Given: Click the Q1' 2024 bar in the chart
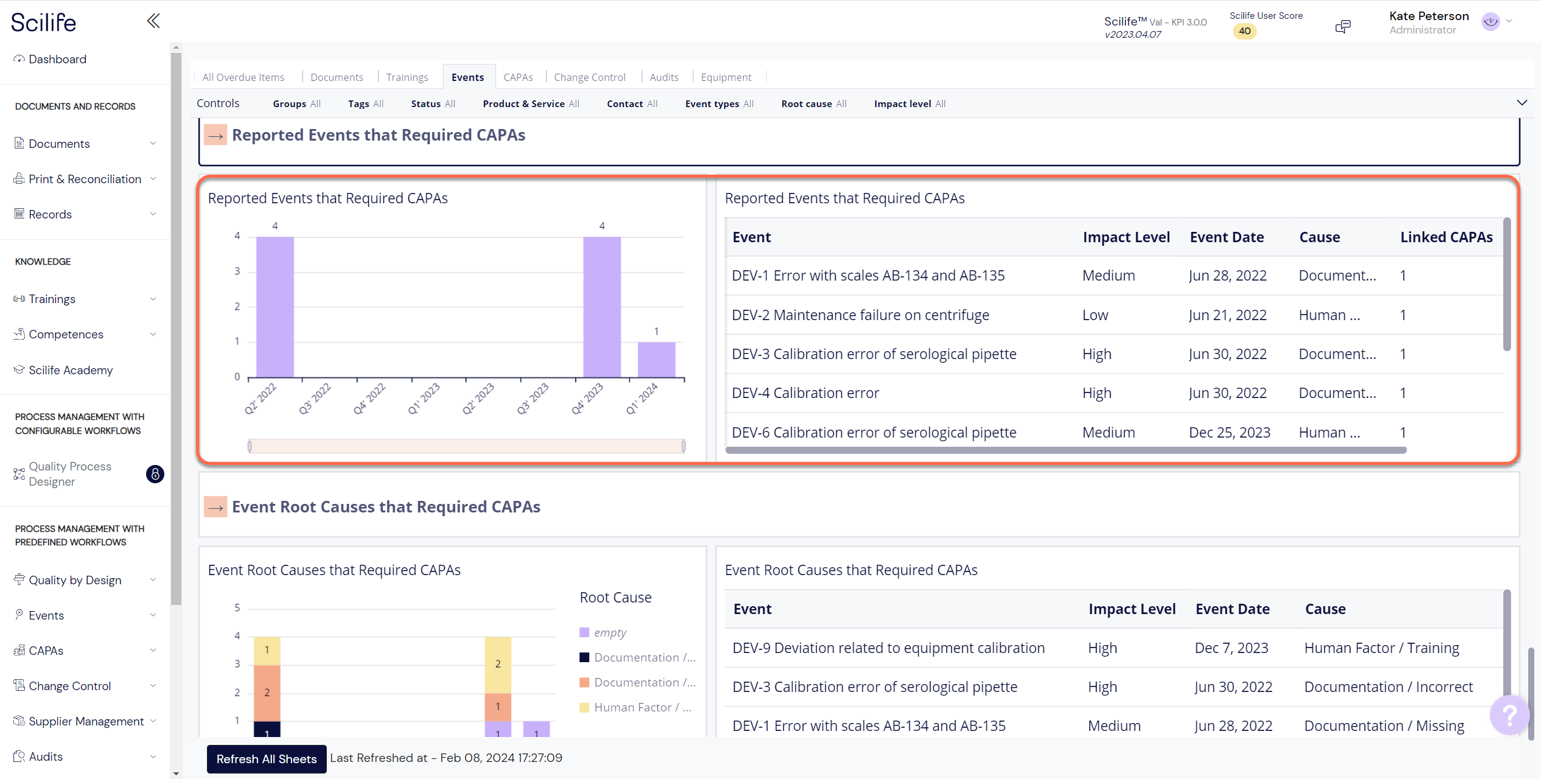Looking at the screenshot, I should click(x=656, y=360).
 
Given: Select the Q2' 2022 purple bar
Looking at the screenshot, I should click(x=275, y=307).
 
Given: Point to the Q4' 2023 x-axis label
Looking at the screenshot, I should click(x=588, y=399).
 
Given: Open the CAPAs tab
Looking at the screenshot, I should click(x=518, y=77).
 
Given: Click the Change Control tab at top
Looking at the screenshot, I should click(x=589, y=77).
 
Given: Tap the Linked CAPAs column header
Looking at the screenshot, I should click(x=1445, y=237).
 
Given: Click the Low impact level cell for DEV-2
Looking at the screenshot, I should click(x=1095, y=315).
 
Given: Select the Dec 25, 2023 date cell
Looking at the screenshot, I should click(x=1229, y=432).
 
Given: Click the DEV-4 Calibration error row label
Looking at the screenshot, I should click(x=805, y=393).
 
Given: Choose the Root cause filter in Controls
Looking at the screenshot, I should click(x=813, y=103).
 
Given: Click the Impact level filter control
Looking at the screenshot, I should click(x=909, y=103).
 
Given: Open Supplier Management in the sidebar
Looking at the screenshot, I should click(x=86, y=721).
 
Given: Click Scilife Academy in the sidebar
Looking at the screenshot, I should click(x=71, y=370).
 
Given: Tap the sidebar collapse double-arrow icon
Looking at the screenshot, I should click(x=153, y=21).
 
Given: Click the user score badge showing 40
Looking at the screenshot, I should click(x=1245, y=31).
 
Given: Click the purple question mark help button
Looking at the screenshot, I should click(x=1509, y=714).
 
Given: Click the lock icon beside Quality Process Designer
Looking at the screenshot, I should click(x=155, y=474).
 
